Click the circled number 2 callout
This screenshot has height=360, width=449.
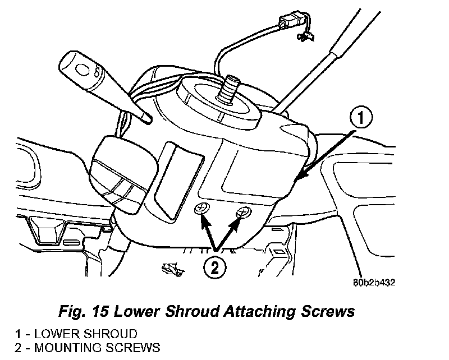(x=216, y=267)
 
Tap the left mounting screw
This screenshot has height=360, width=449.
(x=201, y=210)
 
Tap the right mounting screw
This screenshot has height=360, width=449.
(x=243, y=212)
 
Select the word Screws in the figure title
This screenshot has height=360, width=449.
(x=331, y=312)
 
